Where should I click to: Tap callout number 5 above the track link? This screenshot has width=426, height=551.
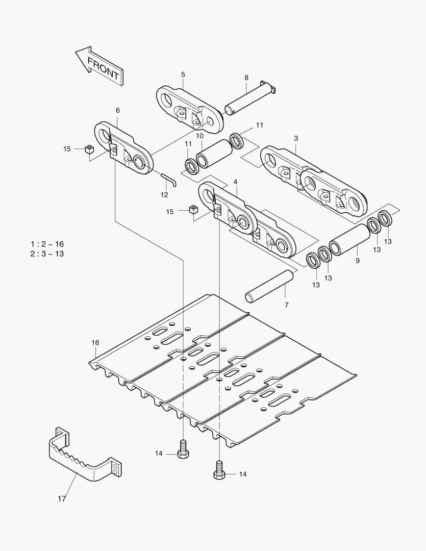pyautogui.click(x=183, y=75)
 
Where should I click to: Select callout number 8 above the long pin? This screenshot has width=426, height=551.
pyautogui.click(x=246, y=78)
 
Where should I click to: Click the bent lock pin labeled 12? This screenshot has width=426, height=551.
pyautogui.click(x=169, y=180)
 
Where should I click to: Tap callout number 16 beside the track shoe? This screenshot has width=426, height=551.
pyautogui.click(x=95, y=342)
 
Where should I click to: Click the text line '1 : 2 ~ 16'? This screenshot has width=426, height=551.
pyautogui.click(x=47, y=244)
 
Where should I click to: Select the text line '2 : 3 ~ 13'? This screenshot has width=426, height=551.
pyautogui.click(x=47, y=254)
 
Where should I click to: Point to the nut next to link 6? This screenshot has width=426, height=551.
pyautogui.click(x=89, y=149)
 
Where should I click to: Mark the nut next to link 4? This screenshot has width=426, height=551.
pyautogui.click(x=193, y=210)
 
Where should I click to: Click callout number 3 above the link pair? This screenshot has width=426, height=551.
pyautogui.click(x=296, y=138)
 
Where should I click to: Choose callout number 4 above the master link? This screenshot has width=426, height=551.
pyautogui.click(x=235, y=182)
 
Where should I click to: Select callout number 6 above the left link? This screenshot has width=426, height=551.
pyautogui.click(x=118, y=110)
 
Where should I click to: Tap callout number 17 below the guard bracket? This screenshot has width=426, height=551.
pyautogui.click(x=61, y=499)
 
